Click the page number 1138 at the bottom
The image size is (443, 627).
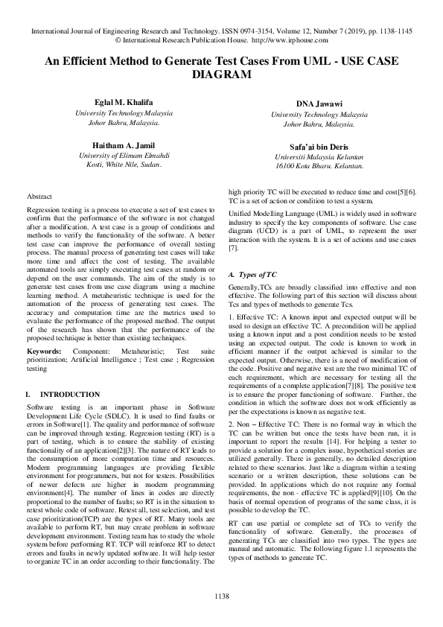tap(221, 596)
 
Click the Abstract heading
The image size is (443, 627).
tap(39, 196)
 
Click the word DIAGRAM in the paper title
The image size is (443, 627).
tap(221, 75)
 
